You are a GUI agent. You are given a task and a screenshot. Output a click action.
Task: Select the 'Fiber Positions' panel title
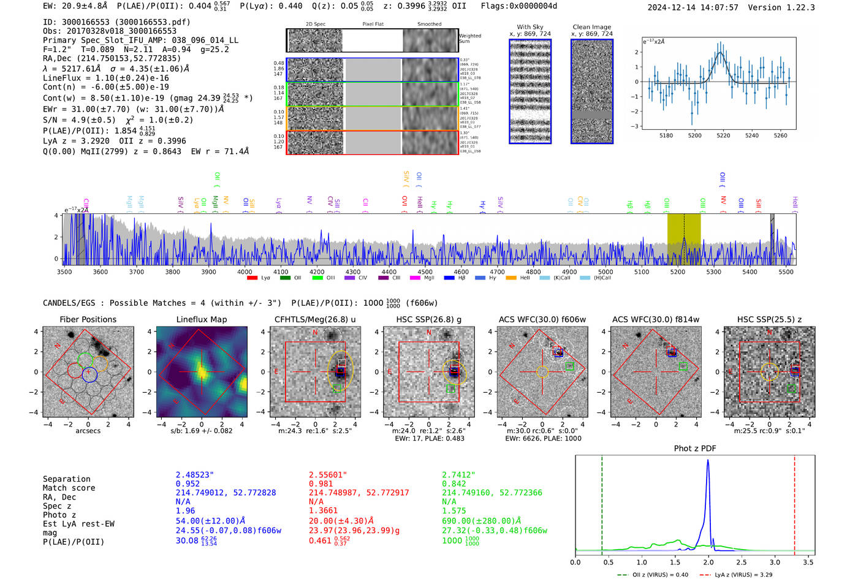point(88,319)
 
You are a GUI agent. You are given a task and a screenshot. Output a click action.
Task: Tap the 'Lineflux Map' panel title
point(202,319)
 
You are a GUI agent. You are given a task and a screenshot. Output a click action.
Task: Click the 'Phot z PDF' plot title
point(695,448)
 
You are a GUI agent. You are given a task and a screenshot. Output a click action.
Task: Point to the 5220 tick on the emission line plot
point(723,135)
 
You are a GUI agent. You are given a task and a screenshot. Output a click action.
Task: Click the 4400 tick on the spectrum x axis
point(389,271)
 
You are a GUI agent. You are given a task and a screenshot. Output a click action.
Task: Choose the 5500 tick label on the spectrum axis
point(786,271)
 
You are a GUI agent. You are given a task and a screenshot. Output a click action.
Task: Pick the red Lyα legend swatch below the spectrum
point(252,278)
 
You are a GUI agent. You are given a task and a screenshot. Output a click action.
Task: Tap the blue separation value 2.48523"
point(195,475)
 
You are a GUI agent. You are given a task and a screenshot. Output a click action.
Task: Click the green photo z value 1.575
point(454,510)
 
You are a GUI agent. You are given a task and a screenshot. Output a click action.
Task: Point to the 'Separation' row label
point(66,479)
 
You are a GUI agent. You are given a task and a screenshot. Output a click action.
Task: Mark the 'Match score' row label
point(69,488)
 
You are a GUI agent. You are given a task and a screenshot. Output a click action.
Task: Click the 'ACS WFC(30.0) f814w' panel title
point(656,319)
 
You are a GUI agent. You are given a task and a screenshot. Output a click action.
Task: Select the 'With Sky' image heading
point(530,27)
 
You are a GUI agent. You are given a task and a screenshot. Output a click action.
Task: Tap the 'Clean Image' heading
point(592,27)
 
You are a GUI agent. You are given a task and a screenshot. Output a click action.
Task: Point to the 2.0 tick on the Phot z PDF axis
point(708,562)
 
